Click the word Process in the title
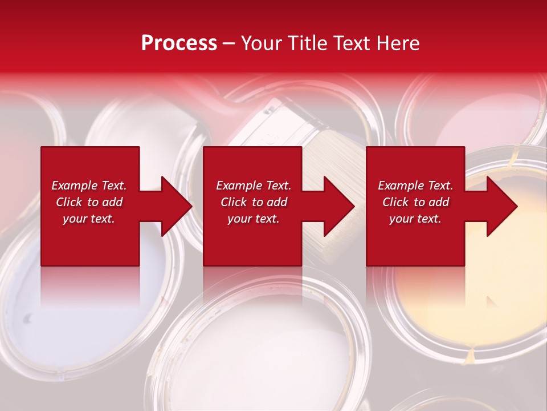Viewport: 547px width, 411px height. [179, 43]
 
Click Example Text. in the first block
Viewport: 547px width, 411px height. [89, 186]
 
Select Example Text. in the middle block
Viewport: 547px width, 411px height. [254, 186]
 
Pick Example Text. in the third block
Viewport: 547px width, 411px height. [415, 186]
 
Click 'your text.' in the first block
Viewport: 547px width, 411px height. [89, 219]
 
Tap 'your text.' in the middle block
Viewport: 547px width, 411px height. [254, 219]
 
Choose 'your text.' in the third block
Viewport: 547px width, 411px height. [415, 219]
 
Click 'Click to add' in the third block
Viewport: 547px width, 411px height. [415, 202]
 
